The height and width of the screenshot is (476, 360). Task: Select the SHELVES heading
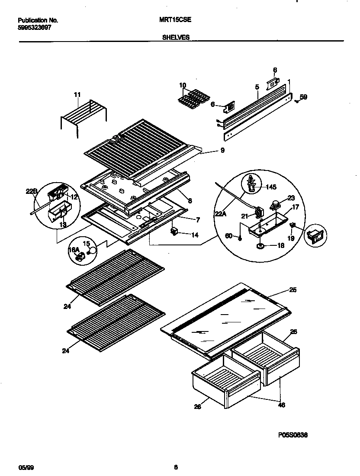(x=176, y=38)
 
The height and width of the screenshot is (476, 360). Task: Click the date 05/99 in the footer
(x=26, y=467)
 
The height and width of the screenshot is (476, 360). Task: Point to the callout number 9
(x=222, y=151)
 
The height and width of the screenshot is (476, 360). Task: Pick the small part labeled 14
(x=174, y=232)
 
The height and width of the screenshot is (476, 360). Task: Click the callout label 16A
(x=74, y=250)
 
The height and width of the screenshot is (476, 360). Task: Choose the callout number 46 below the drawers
(x=281, y=405)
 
